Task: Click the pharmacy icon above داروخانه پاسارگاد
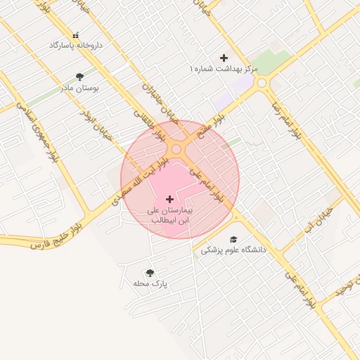tap(76, 34)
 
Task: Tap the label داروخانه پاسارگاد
tap(76, 45)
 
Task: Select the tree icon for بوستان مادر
tap(79, 77)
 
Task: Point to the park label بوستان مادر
tap(79, 88)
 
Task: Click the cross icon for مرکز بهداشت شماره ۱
tap(224, 58)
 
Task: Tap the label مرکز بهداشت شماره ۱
tap(224, 69)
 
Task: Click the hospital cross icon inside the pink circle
tap(169, 200)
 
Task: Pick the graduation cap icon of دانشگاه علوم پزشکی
tap(234, 239)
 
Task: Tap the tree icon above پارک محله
tap(150, 272)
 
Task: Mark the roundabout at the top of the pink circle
tap(176, 149)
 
